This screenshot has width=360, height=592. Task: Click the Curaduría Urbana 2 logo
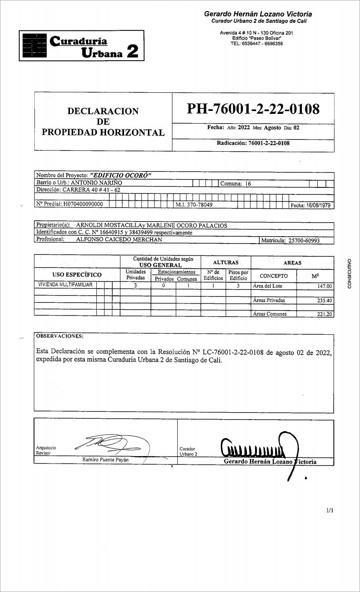[x=81, y=46]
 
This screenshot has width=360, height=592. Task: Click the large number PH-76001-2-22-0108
[x=253, y=109]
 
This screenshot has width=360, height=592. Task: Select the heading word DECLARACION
[x=103, y=111]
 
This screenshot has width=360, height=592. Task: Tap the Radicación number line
[x=253, y=143]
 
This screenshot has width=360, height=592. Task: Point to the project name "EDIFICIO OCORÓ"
[x=121, y=175]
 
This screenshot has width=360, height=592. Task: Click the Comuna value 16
[x=248, y=184]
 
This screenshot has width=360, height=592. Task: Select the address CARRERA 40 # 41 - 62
[x=91, y=190]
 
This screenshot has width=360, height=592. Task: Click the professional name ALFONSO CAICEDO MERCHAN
[x=119, y=240]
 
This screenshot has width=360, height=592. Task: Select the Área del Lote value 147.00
[x=325, y=286]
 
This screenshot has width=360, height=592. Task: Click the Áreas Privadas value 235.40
[x=325, y=301]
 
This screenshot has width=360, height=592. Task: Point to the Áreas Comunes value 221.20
[x=325, y=314]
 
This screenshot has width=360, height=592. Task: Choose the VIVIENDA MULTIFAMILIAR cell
[x=65, y=285]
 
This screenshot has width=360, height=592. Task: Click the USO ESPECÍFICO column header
[x=77, y=275]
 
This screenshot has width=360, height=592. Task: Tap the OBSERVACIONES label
[x=59, y=336]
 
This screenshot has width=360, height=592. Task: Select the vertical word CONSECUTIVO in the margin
[x=349, y=274]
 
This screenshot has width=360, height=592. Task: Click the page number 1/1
[x=330, y=511]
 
